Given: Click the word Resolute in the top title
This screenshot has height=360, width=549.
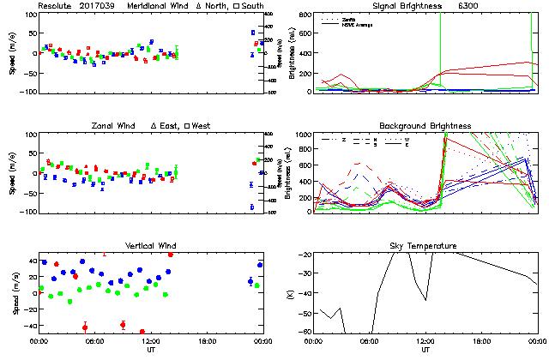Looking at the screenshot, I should (55, 5).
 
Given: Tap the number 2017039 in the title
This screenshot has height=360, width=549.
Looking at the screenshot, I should (97, 5).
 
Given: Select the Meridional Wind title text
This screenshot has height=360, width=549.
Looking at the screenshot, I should (158, 5).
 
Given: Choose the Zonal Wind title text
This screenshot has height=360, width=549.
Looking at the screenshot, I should (112, 126).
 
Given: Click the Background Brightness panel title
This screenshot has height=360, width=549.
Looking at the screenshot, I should (425, 126).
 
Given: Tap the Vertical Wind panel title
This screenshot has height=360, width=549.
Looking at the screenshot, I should (149, 247).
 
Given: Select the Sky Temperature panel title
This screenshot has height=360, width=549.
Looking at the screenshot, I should (425, 247).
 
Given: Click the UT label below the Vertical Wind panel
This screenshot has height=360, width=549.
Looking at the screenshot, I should (150, 350).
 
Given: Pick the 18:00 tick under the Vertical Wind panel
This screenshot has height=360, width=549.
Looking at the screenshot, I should (207, 341).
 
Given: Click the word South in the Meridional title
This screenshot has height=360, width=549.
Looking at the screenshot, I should (253, 5).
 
